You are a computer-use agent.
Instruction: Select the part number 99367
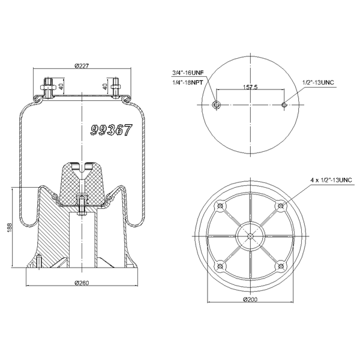(x=110, y=129)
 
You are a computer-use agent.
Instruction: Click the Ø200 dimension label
(x=250, y=299)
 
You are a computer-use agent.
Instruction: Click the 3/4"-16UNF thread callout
(x=188, y=73)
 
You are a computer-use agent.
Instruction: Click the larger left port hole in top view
(x=217, y=106)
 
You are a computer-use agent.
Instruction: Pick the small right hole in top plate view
(x=284, y=106)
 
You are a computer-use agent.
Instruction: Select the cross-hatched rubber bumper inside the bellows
(x=81, y=180)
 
